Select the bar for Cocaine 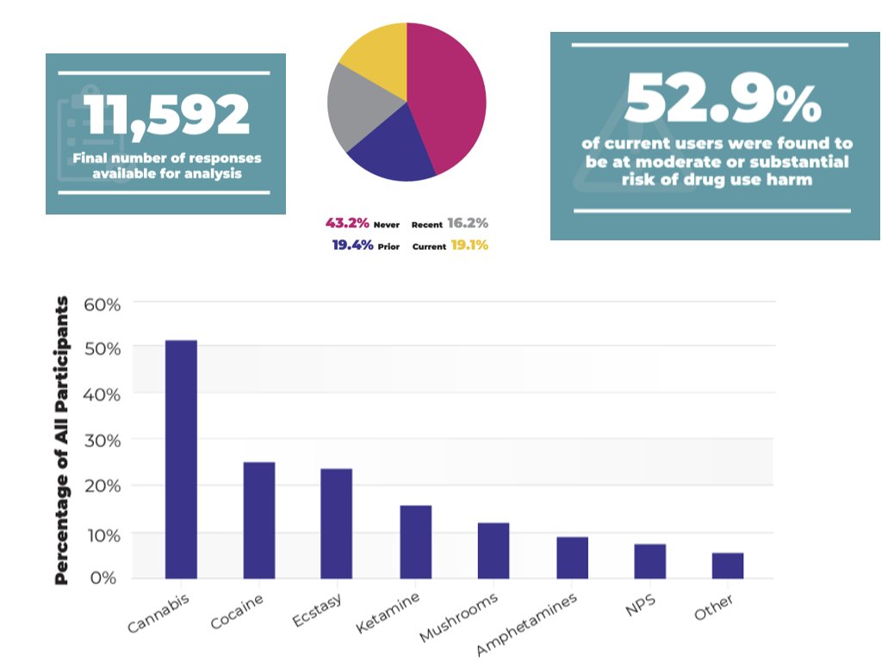(259, 520)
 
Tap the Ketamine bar (415, 542)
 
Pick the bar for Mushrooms (494, 551)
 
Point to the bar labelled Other (728, 565)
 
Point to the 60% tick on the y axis (102, 304)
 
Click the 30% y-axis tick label (102, 440)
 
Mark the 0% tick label (102, 577)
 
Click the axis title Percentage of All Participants (61, 440)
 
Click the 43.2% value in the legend (347, 223)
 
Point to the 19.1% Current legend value (469, 245)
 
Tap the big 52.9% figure (722, 97)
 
